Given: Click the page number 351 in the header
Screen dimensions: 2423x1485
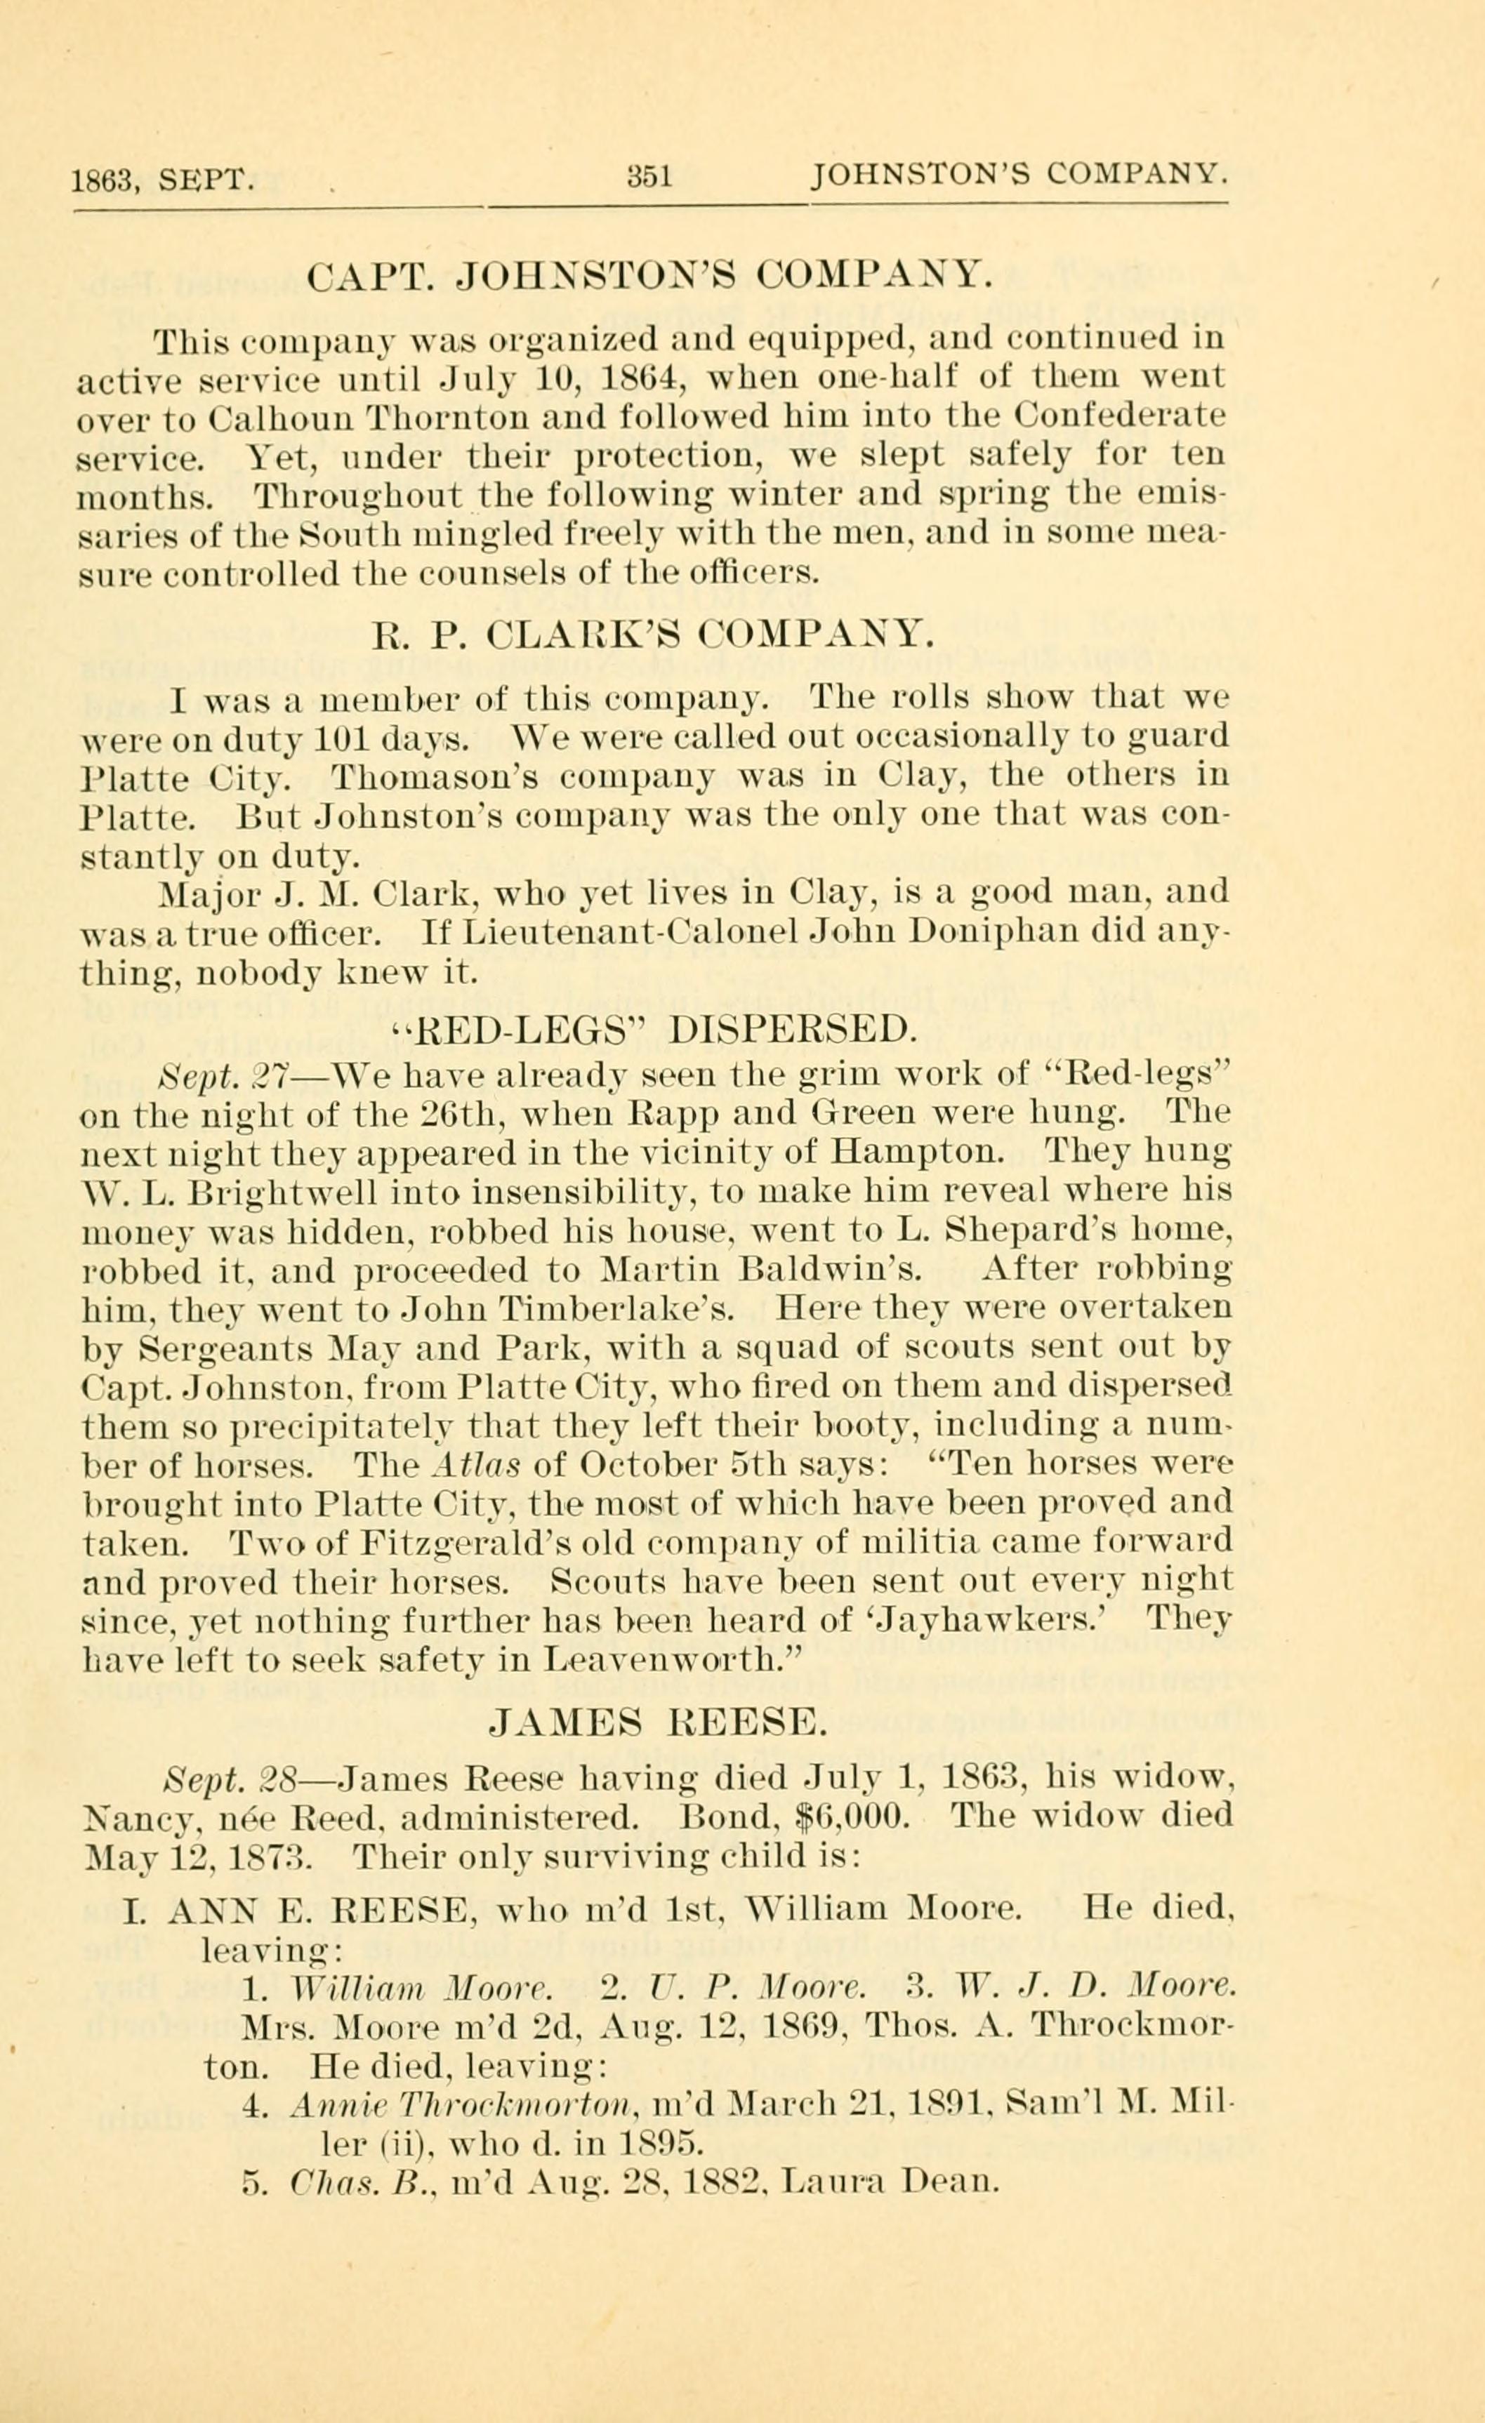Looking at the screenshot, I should (649, 176).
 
